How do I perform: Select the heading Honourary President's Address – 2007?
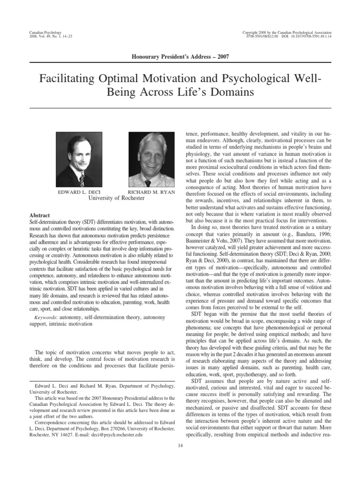point(180,57)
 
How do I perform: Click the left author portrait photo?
point(75,160)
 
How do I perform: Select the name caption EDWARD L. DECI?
point(76,192)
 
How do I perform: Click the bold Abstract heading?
point(39,215)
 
